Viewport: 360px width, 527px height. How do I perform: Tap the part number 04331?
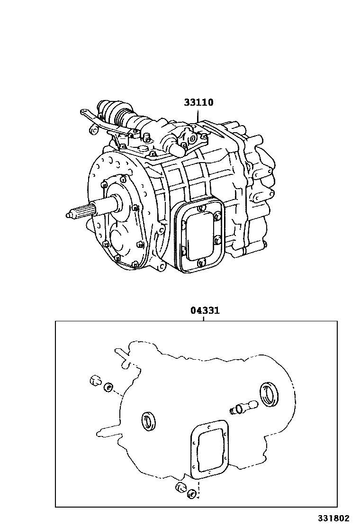click(x=205, y=311)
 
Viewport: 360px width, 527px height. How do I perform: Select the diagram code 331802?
click(x=337, y=518)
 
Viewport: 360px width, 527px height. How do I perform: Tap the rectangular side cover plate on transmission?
click(x=198, y=235)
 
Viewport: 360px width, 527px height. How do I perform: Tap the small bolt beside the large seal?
click(x=243, y=407)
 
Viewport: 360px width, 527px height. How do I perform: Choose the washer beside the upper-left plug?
click(x=108, y=388)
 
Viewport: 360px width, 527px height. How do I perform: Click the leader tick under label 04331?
click(x=203, y=319)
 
